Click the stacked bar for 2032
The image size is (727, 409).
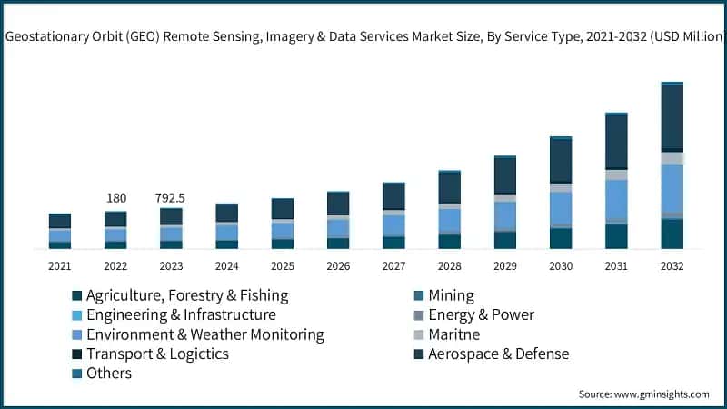click(x=672, y=165)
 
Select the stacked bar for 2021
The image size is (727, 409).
click(x=60, y=231)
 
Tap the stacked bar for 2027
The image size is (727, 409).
click(x=393, y=215)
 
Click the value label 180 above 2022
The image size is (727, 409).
click(x=116, y=198)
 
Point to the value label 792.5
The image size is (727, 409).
click(x=171, y=198)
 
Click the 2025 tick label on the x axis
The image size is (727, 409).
click(x=283, y=266)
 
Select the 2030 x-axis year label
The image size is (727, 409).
click(x=561, y=266)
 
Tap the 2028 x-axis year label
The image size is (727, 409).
click(x=450, y=266)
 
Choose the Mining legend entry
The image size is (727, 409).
click(x=451, y=295)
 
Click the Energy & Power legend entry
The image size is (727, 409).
click(x=481, y=314)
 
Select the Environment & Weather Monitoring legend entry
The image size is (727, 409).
click(x=204, y=334)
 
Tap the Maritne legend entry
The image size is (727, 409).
click(x=453, y=334)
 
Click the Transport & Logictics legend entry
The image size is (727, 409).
click(x=156, y=354)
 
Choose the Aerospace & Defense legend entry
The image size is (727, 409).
click(x=498, y=354)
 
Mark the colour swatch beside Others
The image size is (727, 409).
click(x=77, y=374)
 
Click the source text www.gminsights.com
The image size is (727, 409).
click(x=660, y=394)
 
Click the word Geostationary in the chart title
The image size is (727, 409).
click(x=48, y=37)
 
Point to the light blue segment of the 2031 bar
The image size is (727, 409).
click(x=617, y=199)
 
